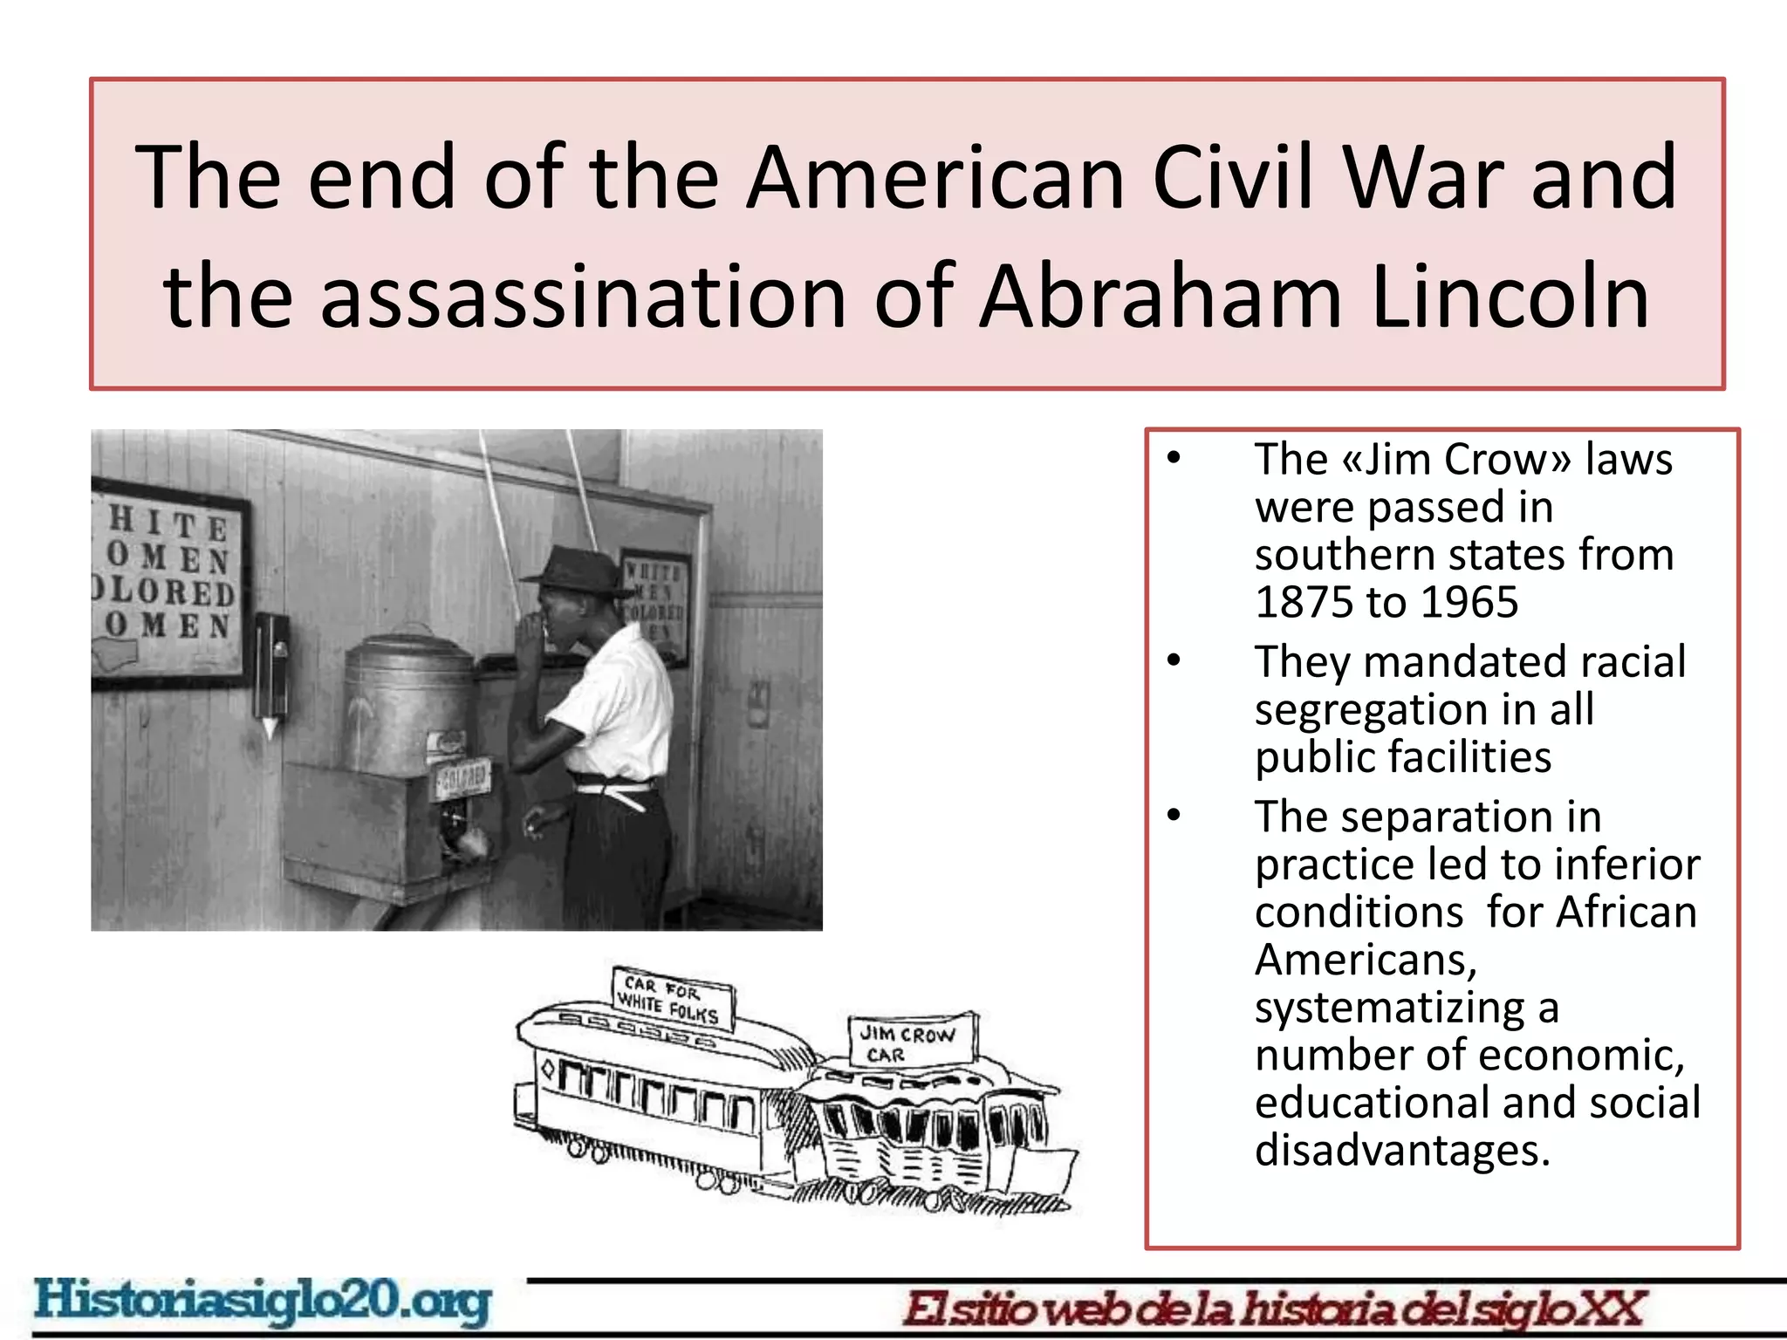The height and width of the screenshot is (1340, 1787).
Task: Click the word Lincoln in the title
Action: (1510, 297)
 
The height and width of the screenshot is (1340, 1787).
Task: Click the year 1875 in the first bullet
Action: (1303, 602)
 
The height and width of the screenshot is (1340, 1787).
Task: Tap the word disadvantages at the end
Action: (1402, 1150)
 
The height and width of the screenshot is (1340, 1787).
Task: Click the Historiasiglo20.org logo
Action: (262, 1302)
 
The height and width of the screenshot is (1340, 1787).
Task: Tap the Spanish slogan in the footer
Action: (1274, 1309)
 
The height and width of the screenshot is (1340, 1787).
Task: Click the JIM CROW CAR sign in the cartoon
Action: (909, 1042)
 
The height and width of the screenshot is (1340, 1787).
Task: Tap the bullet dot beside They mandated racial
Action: (1174, 660)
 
